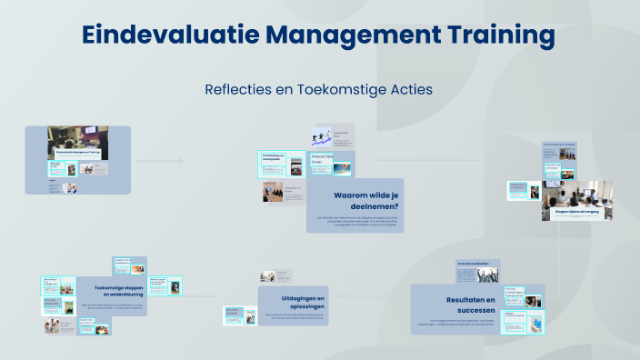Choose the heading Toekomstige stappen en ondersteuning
(x=114, y=292)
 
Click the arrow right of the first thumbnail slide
(x=159, y=161)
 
